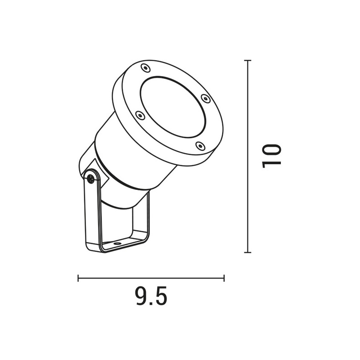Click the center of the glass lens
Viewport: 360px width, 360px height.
[x=172, y=106]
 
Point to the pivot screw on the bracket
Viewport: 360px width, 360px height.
[x=91, y=179]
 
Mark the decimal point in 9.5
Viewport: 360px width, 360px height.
[x=152, y=303]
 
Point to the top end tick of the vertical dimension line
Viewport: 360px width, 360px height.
[x=247, y=60]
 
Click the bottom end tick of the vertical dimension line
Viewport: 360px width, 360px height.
[x=247, y=252]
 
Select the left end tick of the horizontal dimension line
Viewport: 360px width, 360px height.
[x=78, y=279]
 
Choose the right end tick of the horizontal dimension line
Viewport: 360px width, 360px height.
[x=224, y=279]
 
